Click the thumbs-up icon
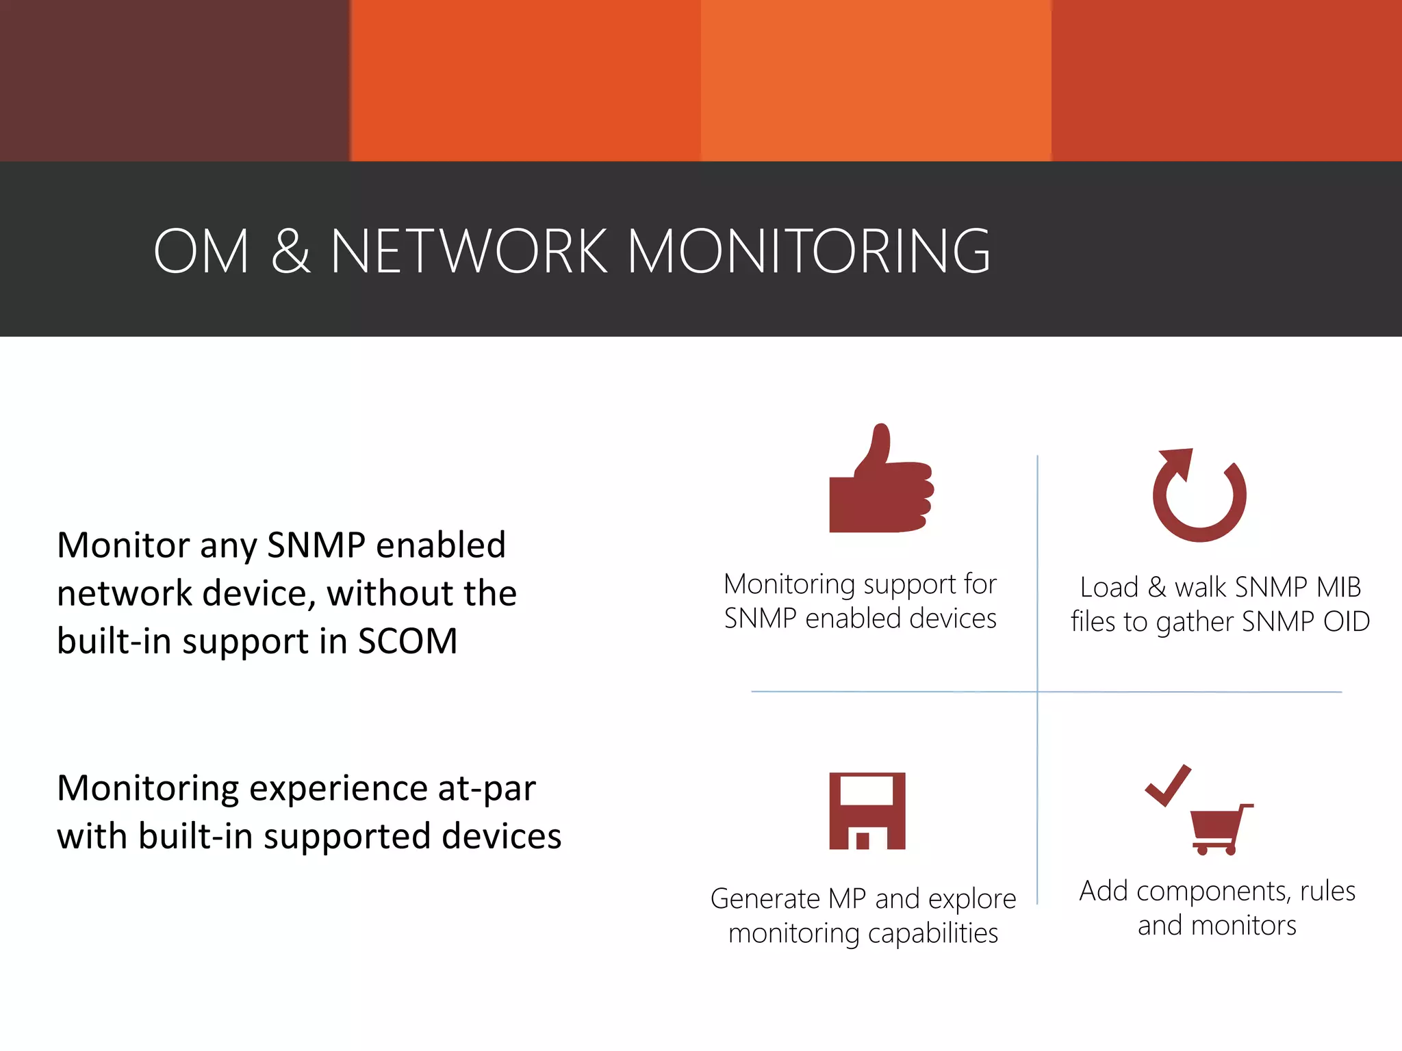[880, 482]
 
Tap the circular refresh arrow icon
[1199, 496]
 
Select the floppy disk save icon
[867, 811]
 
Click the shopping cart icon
[1220, 829]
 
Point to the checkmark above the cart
[1168, 786]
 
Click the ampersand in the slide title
[290, 251]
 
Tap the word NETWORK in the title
[469, 251]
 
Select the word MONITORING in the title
[808, 251]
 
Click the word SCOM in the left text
[407, 642]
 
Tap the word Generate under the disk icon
[765, 899]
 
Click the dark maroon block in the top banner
[175, 80]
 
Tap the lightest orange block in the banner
[876, 80]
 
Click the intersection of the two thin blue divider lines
[1037, 692]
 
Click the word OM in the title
[201, 251]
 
